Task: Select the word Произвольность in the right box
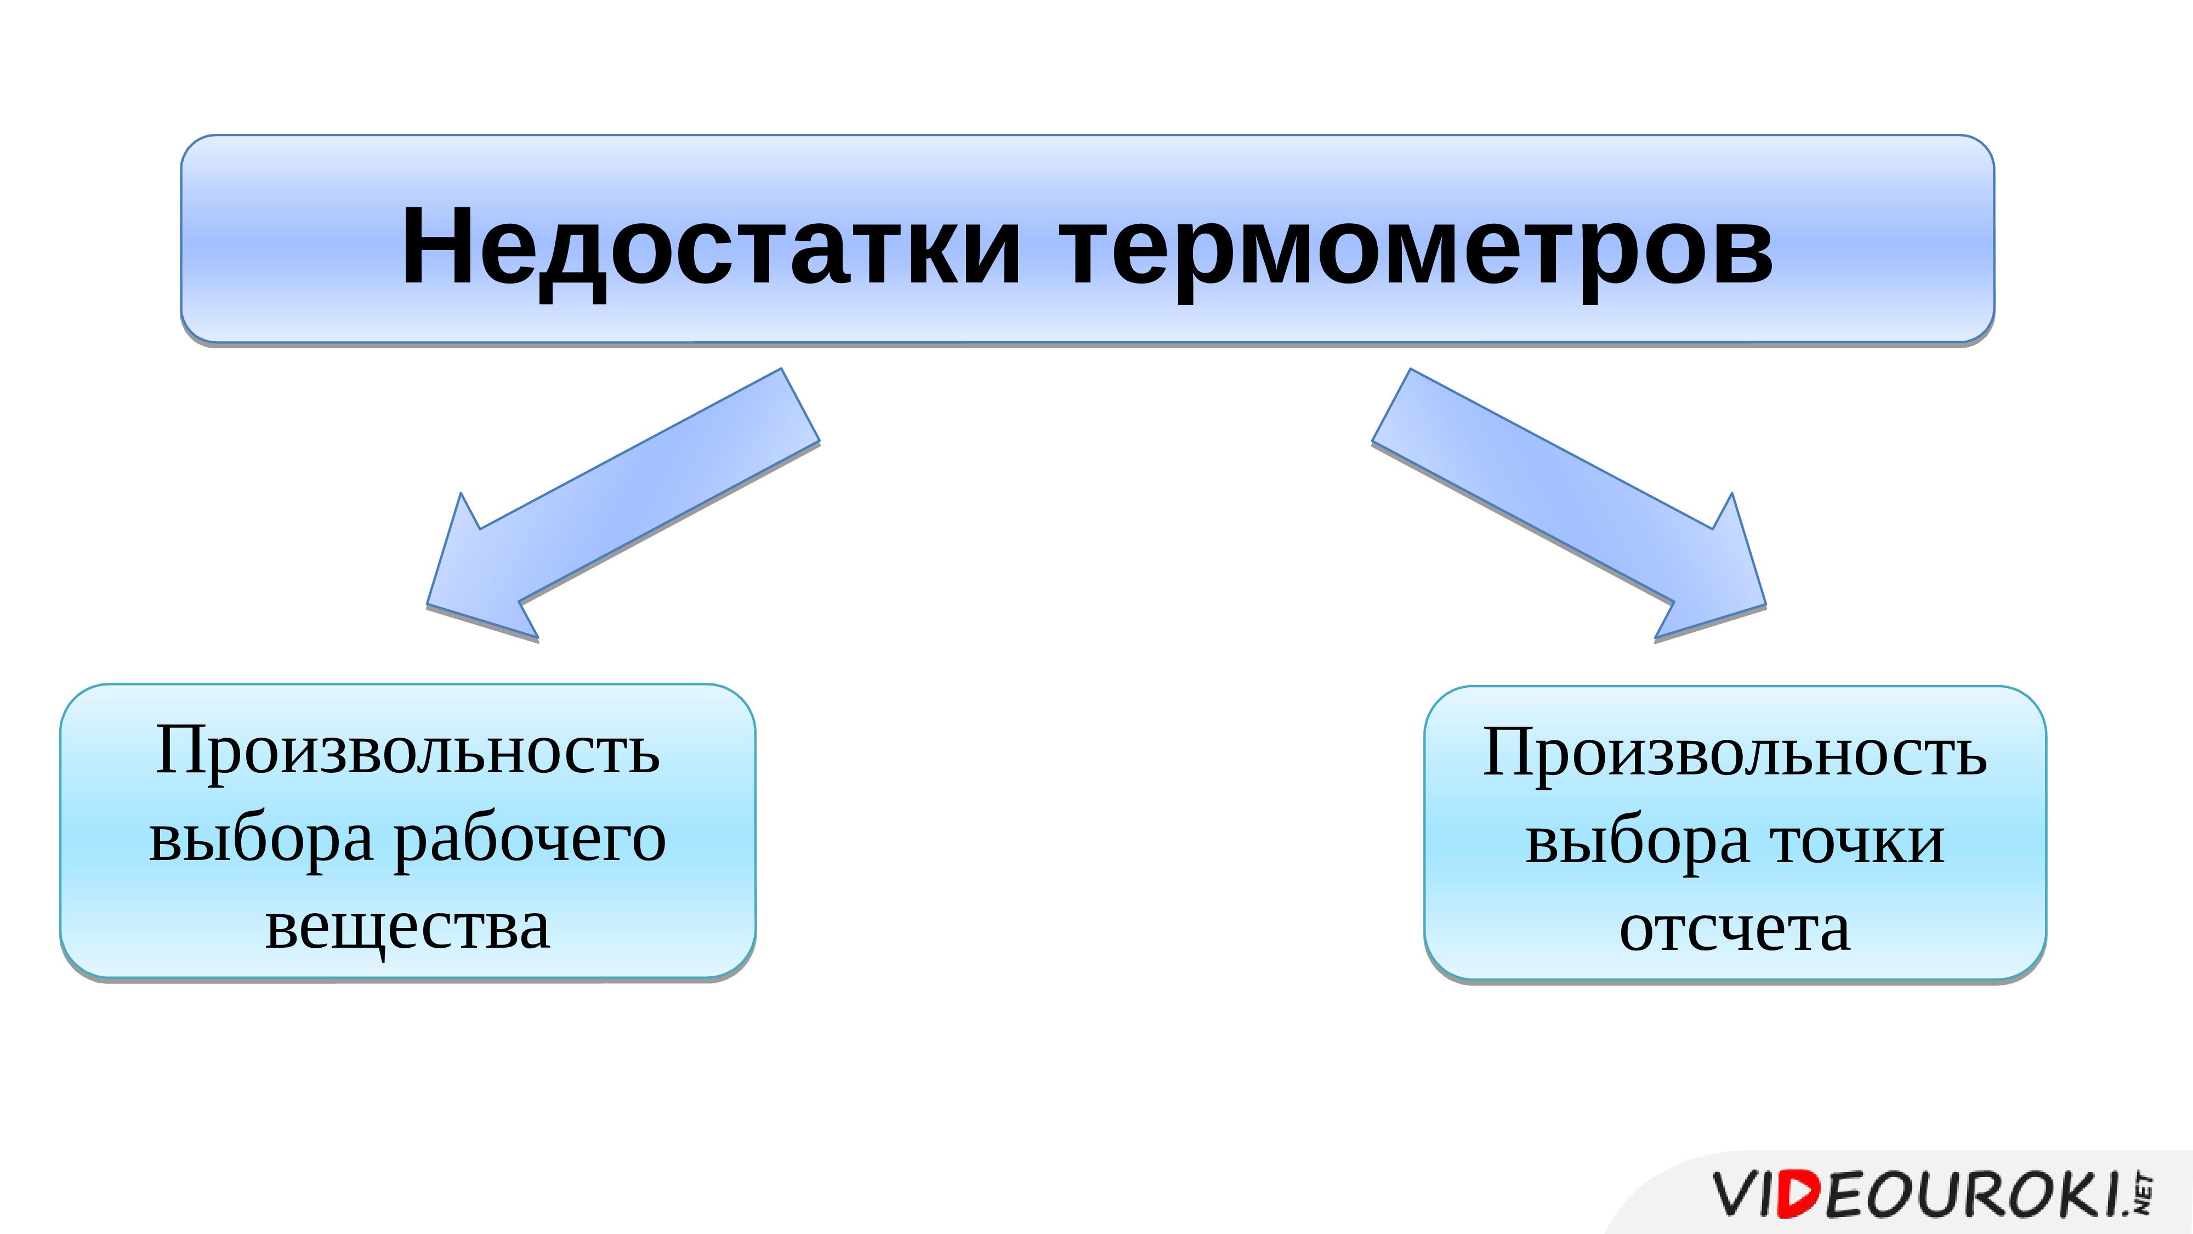[1735, 752]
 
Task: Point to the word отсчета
[1735, 929]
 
